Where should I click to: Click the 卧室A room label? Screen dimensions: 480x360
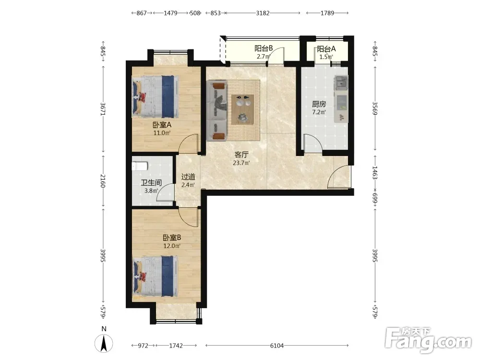point(162,125)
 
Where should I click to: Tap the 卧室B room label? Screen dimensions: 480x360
point(172,238)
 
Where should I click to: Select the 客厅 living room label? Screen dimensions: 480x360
point(241,155)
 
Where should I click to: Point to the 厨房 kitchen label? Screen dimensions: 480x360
point(319,104)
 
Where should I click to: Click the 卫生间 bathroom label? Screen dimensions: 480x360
point(151,183)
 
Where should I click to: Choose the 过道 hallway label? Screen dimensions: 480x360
point(188,177)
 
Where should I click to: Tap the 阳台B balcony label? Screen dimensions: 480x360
point(264,48)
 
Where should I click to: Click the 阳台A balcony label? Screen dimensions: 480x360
point(326,48)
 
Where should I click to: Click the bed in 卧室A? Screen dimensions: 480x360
point(155,97)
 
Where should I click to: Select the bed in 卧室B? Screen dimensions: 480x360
point(155,276)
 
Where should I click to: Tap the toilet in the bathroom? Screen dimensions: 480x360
point(140,166)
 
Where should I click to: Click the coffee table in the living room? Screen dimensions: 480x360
point(243,109)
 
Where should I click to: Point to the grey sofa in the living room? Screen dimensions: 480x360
point(217,110)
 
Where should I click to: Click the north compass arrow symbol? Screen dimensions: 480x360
point(104,344)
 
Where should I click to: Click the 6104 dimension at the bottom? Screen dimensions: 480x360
point(277,346)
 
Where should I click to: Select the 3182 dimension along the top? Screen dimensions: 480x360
point(263,13)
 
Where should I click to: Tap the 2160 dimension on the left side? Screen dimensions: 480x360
point(103,181)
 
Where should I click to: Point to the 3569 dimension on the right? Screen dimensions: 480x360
point(375,108)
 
